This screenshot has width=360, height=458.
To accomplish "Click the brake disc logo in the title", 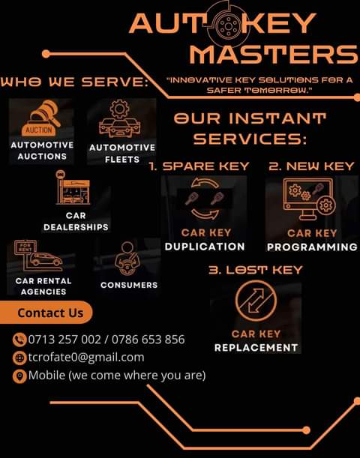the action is point(229,26).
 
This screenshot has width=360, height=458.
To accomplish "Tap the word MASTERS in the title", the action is point(274,55).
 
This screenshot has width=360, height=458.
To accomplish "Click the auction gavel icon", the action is point(41,118).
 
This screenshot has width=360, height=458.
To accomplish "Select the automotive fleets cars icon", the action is point(119,118).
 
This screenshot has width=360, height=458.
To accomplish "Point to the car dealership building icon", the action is point(73,187).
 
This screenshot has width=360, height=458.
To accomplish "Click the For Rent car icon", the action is point(38,256).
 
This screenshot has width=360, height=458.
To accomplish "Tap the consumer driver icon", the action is point(127,258).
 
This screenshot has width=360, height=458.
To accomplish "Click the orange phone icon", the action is point(19,340).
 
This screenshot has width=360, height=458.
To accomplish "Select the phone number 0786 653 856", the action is point(148,340).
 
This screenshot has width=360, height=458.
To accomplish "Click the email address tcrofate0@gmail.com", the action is point(86,358).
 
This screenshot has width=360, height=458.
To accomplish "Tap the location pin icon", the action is point(19,376).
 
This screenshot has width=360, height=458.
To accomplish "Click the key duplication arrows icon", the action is point(205,199).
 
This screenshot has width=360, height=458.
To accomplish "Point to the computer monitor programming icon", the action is point(309,199).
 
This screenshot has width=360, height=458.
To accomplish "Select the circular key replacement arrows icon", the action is point(256,301).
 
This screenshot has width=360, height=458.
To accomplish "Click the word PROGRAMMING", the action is point(312,247).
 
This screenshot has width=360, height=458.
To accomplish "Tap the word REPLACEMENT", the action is point(256,348).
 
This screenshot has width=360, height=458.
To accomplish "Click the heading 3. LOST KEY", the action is point(256,270).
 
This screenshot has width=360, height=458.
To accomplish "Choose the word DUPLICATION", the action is point(205,247).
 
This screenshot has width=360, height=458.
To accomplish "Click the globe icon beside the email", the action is point(19,358).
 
